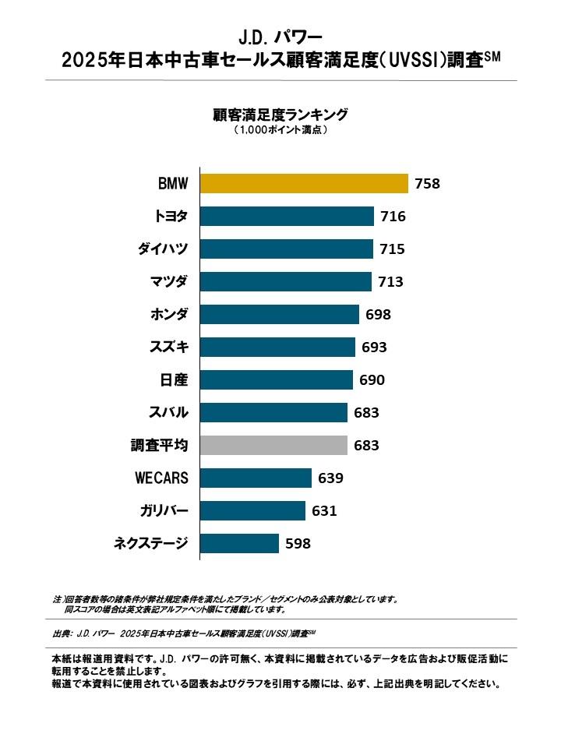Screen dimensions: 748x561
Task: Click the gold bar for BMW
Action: coord(304,184)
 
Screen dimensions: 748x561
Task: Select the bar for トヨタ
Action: coord(287,217)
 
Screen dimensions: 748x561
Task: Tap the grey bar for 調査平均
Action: coord(273,446)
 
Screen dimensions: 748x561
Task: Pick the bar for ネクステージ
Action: coord(239,544)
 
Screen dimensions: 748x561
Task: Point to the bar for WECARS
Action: coord(256,478)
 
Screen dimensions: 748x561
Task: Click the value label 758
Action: coord(428,184)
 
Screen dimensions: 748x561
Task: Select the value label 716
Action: coord(393,217)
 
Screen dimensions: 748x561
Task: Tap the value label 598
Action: coord(298,544)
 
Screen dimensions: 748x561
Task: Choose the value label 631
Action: coord(324,511)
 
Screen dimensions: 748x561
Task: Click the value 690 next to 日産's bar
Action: coord(372,380)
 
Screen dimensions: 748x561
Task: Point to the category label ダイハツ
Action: coord(162,249)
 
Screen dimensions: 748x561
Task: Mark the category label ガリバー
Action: coord(162,511)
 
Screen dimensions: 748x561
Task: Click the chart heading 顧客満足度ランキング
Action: coord(280,115)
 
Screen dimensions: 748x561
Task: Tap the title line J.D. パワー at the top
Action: coord(280,37)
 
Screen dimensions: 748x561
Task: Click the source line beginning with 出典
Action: coord(187,632)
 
